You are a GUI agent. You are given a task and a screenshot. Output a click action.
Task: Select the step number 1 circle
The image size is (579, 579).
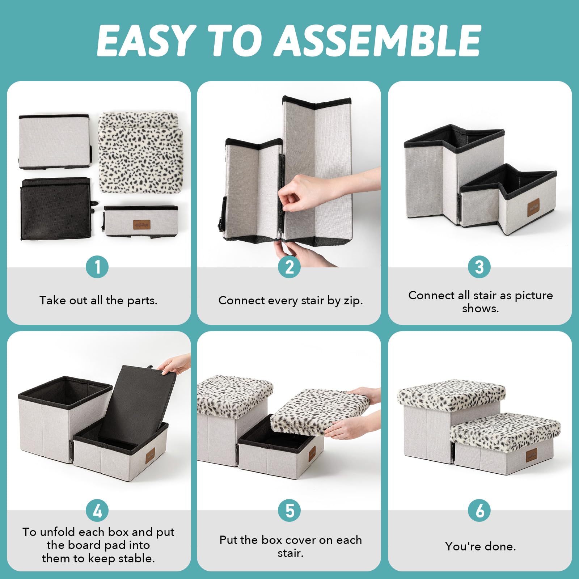(x=97, y=267)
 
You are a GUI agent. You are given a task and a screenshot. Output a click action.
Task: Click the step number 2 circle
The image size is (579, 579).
(x=289, y=267)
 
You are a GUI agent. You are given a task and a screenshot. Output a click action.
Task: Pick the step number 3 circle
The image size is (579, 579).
(x=479, y=267)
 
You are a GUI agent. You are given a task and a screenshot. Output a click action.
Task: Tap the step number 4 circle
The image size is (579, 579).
(x=97, y=511)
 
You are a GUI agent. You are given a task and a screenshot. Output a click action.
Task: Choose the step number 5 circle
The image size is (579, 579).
(x=289, y=511)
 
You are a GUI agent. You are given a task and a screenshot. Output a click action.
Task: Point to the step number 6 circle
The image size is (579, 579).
(x=479, y=511)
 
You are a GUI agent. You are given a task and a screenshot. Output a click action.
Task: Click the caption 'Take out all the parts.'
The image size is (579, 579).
(x=98, y=300)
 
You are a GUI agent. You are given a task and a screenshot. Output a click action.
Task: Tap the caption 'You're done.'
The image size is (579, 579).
(x=481, y=546)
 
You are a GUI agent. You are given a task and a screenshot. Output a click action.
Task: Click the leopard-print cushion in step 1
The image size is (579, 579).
(x=140, y=152)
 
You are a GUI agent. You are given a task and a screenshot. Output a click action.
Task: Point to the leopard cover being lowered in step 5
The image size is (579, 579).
(x=320, y=412)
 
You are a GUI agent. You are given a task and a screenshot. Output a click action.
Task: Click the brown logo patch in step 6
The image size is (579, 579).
(x=532, y=455)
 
